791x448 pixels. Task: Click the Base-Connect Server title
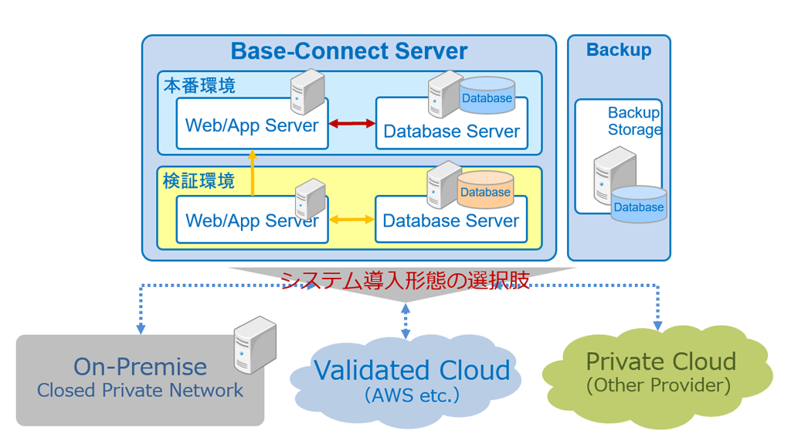[349, 52]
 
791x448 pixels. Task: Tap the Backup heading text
[619, 50]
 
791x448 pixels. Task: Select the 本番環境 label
[199, 85]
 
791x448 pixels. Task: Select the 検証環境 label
[199, 181]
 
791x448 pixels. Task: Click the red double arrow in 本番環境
[351, 123]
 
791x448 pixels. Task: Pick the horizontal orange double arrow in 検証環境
[351, 220]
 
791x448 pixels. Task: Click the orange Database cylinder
[486, 191]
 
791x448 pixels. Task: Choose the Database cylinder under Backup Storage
[638, 205]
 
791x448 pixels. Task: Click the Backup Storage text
[634, 121]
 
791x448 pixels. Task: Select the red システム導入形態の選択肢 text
[405, 280]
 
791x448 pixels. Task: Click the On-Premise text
[140, 367]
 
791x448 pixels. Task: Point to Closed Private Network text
[140, 391]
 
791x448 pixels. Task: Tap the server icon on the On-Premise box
[256, 344]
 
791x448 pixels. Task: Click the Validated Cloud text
[412, 370]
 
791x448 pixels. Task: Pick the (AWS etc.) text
[412, 395]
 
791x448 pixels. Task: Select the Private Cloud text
[660, 361]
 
